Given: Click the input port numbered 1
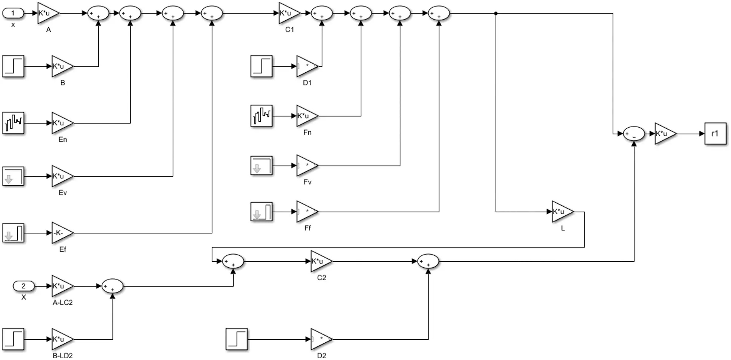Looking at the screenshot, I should (x=13, y=14).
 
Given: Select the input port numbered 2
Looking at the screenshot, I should (x=23, y=286).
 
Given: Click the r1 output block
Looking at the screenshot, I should (x=715, y=133).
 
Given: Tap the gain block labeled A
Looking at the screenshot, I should (x=47, y=14).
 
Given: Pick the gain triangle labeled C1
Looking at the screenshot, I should (x=288, y=14).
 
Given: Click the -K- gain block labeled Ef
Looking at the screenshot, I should (x=61, y=233).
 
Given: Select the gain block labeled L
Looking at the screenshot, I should (x=561, y=212).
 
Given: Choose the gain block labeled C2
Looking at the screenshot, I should (x=320, y=261).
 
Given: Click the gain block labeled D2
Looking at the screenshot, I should (x=320, y=339).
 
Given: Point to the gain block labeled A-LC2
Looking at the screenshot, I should (x=61, y=286).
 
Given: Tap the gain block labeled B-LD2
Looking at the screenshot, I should (x=61, y=339).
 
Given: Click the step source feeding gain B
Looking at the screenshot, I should (x=13, y=66).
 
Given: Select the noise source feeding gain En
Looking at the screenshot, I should (x=13, y=123).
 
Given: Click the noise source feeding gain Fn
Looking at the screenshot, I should (x=262, y=116).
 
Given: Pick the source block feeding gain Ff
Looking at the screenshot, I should (x=262, y=212).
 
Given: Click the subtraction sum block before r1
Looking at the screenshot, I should (x=634, y=134).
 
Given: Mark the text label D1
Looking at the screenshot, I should (x=307, y=83).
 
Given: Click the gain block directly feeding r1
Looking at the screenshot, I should (x=664, y=134).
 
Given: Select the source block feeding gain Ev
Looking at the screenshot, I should (x=13, y=176).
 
